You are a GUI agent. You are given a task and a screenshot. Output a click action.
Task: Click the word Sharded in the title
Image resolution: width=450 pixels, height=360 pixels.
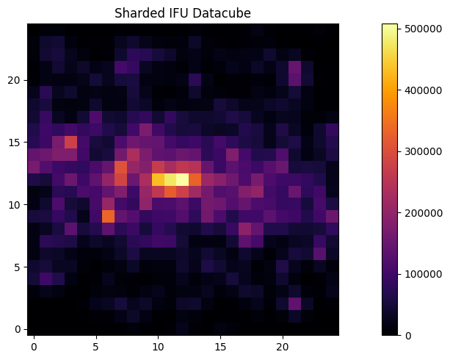(x=137, y=13)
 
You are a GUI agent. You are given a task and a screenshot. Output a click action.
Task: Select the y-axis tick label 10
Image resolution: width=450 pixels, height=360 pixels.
(x=15, y=204)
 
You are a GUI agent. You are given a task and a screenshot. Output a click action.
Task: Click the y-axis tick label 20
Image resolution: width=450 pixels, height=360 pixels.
(x=15, y=79)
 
